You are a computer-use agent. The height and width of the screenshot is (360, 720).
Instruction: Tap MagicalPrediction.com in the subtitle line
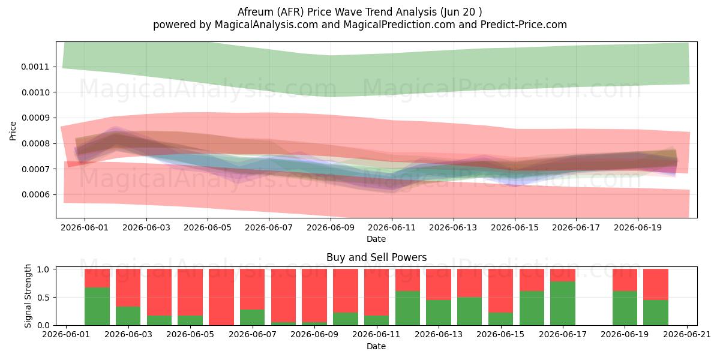point(399,25)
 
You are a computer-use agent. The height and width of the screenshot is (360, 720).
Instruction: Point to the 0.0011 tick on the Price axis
point(35,67)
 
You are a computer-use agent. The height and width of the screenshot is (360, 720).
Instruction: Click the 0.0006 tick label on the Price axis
point(35,194)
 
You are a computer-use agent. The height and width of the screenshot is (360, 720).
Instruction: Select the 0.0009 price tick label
point(35,118)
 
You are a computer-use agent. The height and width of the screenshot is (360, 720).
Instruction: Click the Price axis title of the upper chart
point(13,131)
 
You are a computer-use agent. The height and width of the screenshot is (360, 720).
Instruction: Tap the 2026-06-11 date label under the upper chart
point(392,227)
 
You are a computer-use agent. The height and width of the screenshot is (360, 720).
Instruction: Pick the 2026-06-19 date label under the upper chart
point(638,227)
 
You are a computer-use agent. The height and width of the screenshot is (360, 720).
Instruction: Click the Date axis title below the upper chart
point(376,239)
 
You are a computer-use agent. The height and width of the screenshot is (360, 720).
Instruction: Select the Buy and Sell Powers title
point(376,257)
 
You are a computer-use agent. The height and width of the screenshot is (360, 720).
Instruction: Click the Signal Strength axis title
point(28,296)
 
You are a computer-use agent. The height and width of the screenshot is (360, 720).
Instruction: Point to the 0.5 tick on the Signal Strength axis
point(43,298)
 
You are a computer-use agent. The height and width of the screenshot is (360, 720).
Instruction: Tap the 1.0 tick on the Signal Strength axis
point(43,269)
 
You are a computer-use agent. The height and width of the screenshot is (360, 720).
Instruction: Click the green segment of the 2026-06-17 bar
point(563,303)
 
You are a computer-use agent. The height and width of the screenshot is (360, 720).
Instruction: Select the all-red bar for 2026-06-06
point(221,297)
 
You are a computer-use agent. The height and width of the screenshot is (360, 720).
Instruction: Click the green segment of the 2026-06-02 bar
point(97,307)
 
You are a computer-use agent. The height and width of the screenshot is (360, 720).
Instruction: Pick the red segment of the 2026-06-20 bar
point(656,284)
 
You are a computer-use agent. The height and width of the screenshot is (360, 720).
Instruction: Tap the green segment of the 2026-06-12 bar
point(407,308)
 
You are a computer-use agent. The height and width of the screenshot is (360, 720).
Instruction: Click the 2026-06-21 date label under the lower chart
point(687,335)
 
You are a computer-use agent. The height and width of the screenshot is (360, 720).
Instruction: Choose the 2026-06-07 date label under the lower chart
point(253,335)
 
